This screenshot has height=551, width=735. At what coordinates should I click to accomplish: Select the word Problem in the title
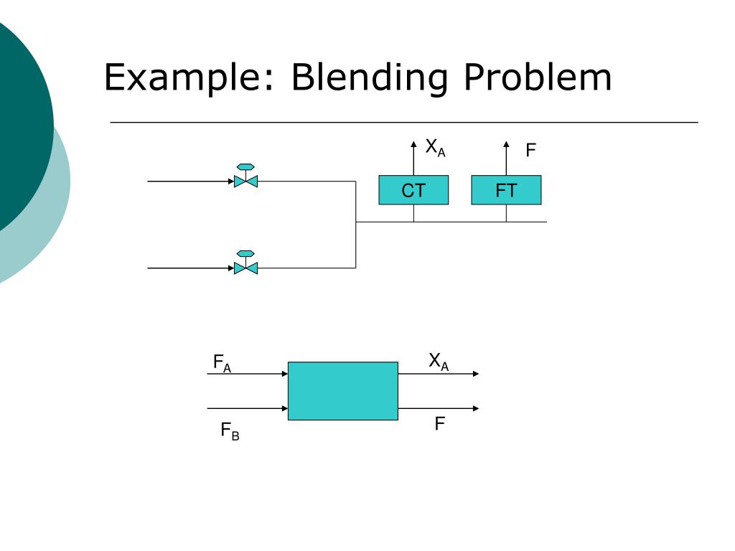tap(538, 77)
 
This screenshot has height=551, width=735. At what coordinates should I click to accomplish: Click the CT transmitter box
tap(413, 190)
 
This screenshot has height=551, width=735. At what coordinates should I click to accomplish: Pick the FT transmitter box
tap(506, 190)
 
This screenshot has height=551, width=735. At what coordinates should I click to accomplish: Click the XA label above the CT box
tap(435, 149)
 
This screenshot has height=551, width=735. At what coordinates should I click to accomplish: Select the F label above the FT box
tap(531, 151)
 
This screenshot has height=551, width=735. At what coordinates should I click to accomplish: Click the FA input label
tap(222, 363)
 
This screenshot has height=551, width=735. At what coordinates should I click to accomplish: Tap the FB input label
tap(230, 431)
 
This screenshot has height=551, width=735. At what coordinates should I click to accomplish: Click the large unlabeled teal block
tap(342, 391)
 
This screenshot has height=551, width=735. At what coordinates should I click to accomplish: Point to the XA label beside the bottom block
tap(438, 362)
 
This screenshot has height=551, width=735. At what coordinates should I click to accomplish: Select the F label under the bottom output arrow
tap(439, 424)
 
